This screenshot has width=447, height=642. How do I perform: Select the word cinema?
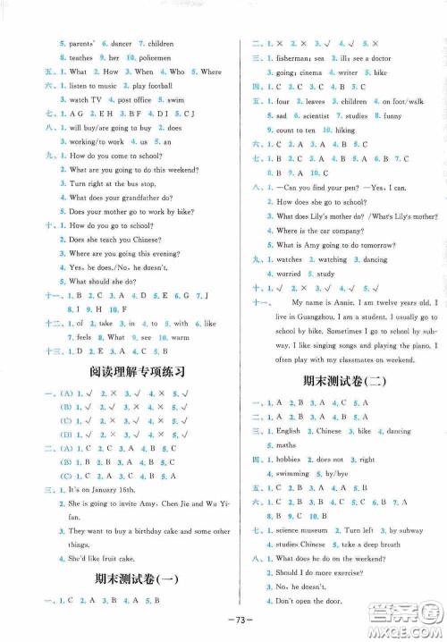(x=299, y=72)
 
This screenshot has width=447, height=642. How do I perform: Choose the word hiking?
(x=345, y=130)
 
